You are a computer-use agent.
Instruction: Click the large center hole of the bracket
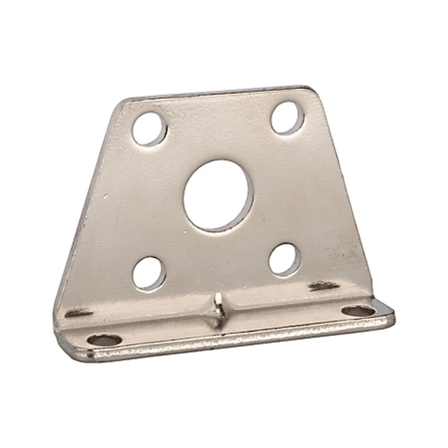(x=218, y=196)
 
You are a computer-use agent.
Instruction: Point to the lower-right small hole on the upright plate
(x=285, y=259)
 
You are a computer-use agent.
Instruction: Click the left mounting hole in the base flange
(x=103, y=340)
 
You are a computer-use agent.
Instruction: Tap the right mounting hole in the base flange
(x=359, y=310)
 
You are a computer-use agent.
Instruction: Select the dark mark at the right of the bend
(x=324, y=285)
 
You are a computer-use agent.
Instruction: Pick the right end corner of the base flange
(x=391, y=314)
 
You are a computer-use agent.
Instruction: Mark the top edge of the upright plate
(x=218, y=96)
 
